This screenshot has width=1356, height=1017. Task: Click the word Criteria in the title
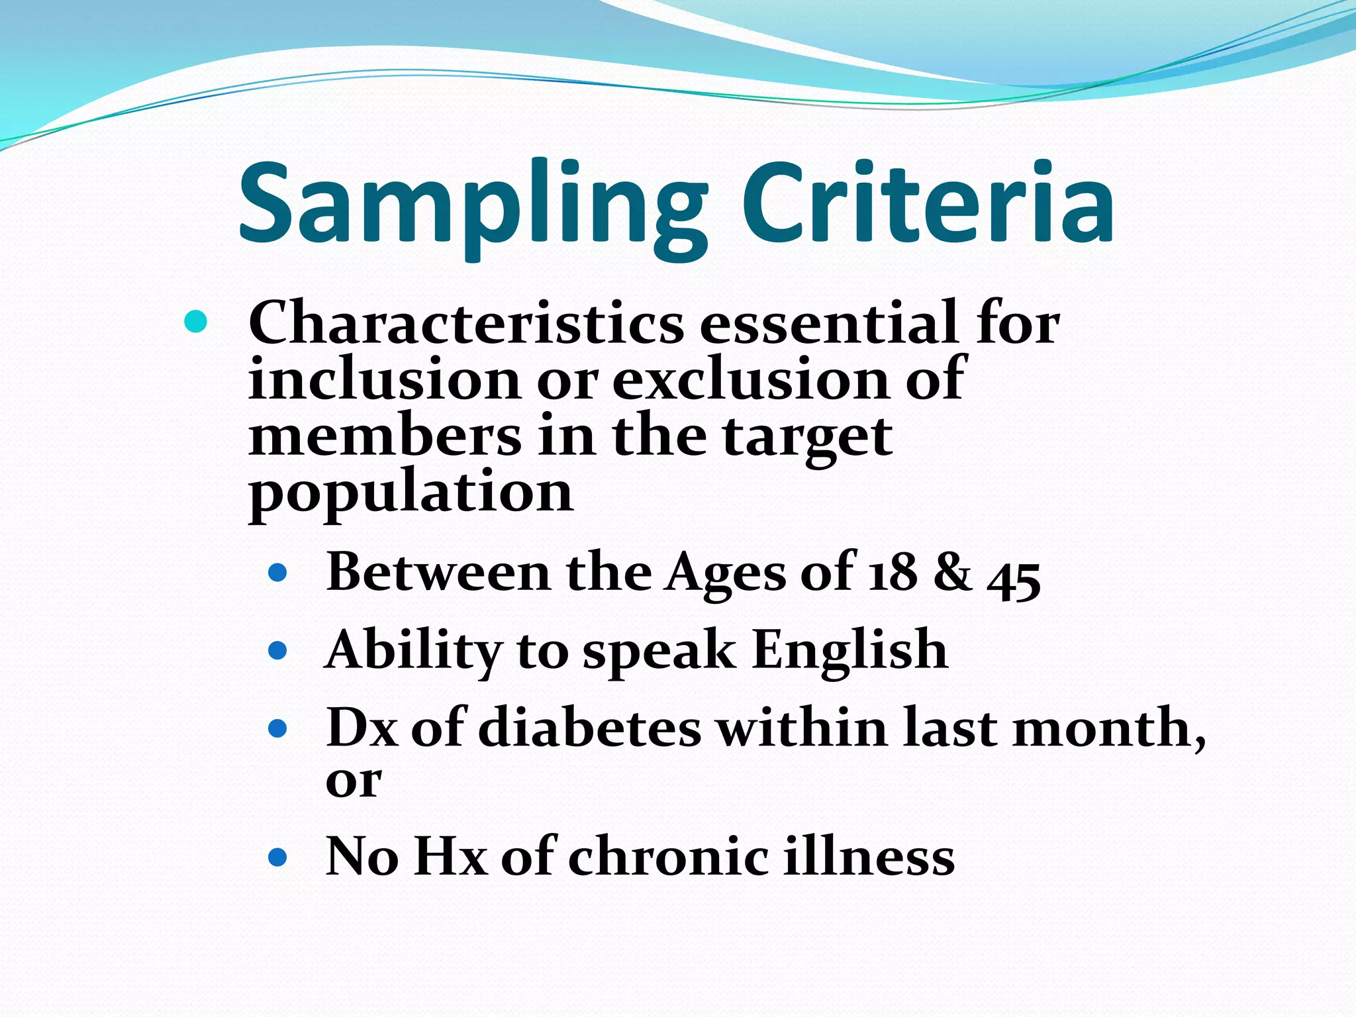point(927,202)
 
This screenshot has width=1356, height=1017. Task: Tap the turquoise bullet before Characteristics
point(196,322)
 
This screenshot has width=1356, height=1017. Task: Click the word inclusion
point(385,379)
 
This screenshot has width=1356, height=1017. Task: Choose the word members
point(385,436)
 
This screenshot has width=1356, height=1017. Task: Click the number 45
point(1014,577)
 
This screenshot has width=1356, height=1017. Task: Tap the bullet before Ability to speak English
point(278,650)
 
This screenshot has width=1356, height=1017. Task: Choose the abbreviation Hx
point(451,857)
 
